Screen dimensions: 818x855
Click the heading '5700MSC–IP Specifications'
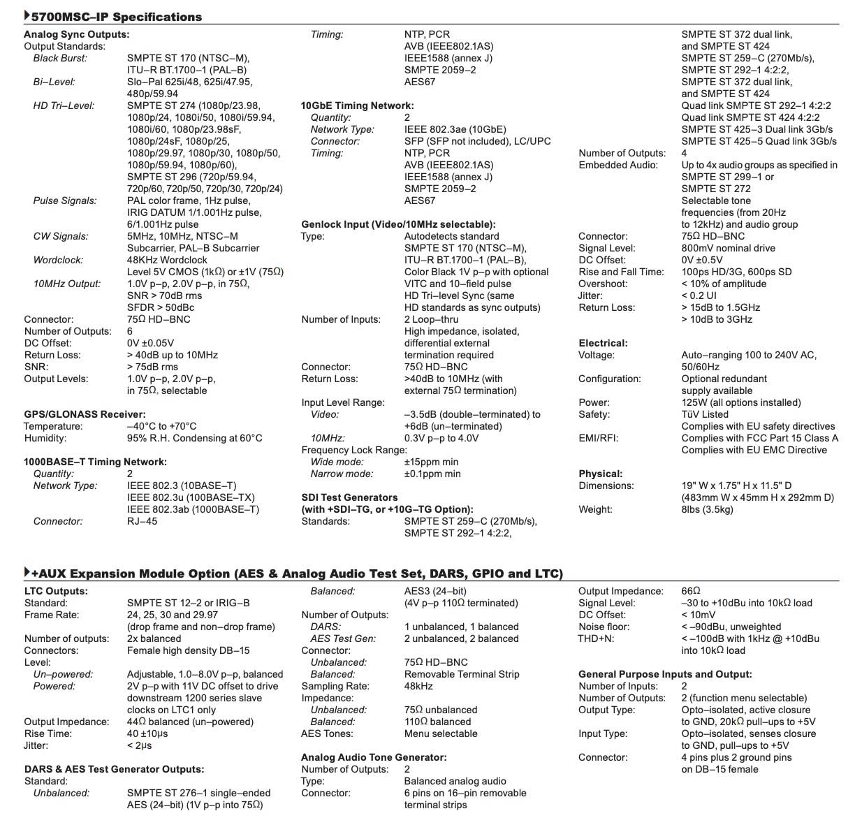(x=117, y=17)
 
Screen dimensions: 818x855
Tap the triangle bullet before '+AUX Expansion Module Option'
(x=27, y=573)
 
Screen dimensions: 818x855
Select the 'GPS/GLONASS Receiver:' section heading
(x=85, y=414)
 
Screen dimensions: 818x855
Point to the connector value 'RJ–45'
(x=142, y=521)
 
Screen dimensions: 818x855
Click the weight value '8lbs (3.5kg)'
(x=707, y=509)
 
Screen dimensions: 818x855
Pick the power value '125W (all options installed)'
(x=741, y=402)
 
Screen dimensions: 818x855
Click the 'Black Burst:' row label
(x=60, y=58)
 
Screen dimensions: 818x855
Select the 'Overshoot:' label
(x=603, y=284)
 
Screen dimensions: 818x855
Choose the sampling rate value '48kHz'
(x=418, y=686)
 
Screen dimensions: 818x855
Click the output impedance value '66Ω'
(x=690, y=591)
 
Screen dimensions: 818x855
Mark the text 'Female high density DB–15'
(x=188, y=650)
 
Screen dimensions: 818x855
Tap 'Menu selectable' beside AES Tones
(x=441, y=733)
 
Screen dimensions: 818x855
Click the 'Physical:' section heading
(x=600, y=474)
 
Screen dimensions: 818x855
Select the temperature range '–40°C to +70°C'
(x=161, y=426)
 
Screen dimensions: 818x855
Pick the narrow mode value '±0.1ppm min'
(x=432, y=474)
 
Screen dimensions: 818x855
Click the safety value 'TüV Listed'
(x=705, y=414)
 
